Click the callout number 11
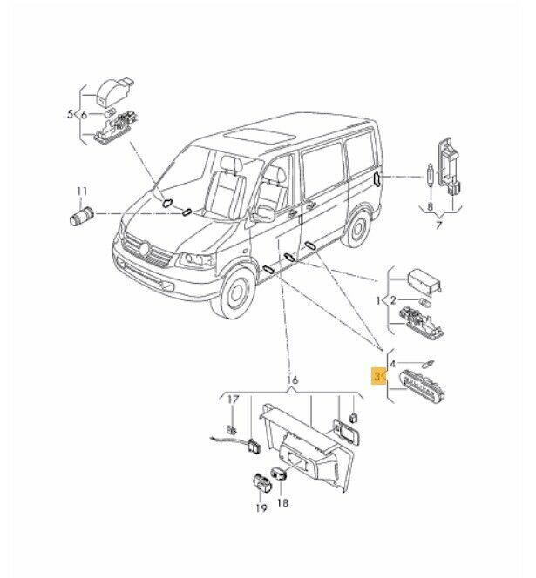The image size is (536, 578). [x=82, y=192]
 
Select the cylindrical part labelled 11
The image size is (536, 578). [x=82, y=217]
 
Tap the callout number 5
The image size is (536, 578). [x=70, y=114]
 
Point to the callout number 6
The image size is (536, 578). [x=85, y=115]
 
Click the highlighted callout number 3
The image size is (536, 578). [x=377, y=376]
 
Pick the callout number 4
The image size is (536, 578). [x=393, y=364]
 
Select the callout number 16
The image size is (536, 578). [x=292, y=380]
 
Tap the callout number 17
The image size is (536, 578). [x=233, y=400]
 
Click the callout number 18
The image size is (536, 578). [x=282, y=502]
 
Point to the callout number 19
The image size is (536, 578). [x=261, y=508]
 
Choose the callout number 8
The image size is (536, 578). [x=430, y=207]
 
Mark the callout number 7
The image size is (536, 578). [x=439, y=224]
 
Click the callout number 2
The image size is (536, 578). [x=393, y=300]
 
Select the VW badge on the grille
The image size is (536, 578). [x=145, y=248]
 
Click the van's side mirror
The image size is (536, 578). [x=264, y=214]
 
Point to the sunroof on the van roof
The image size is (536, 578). [x=261, y=138]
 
